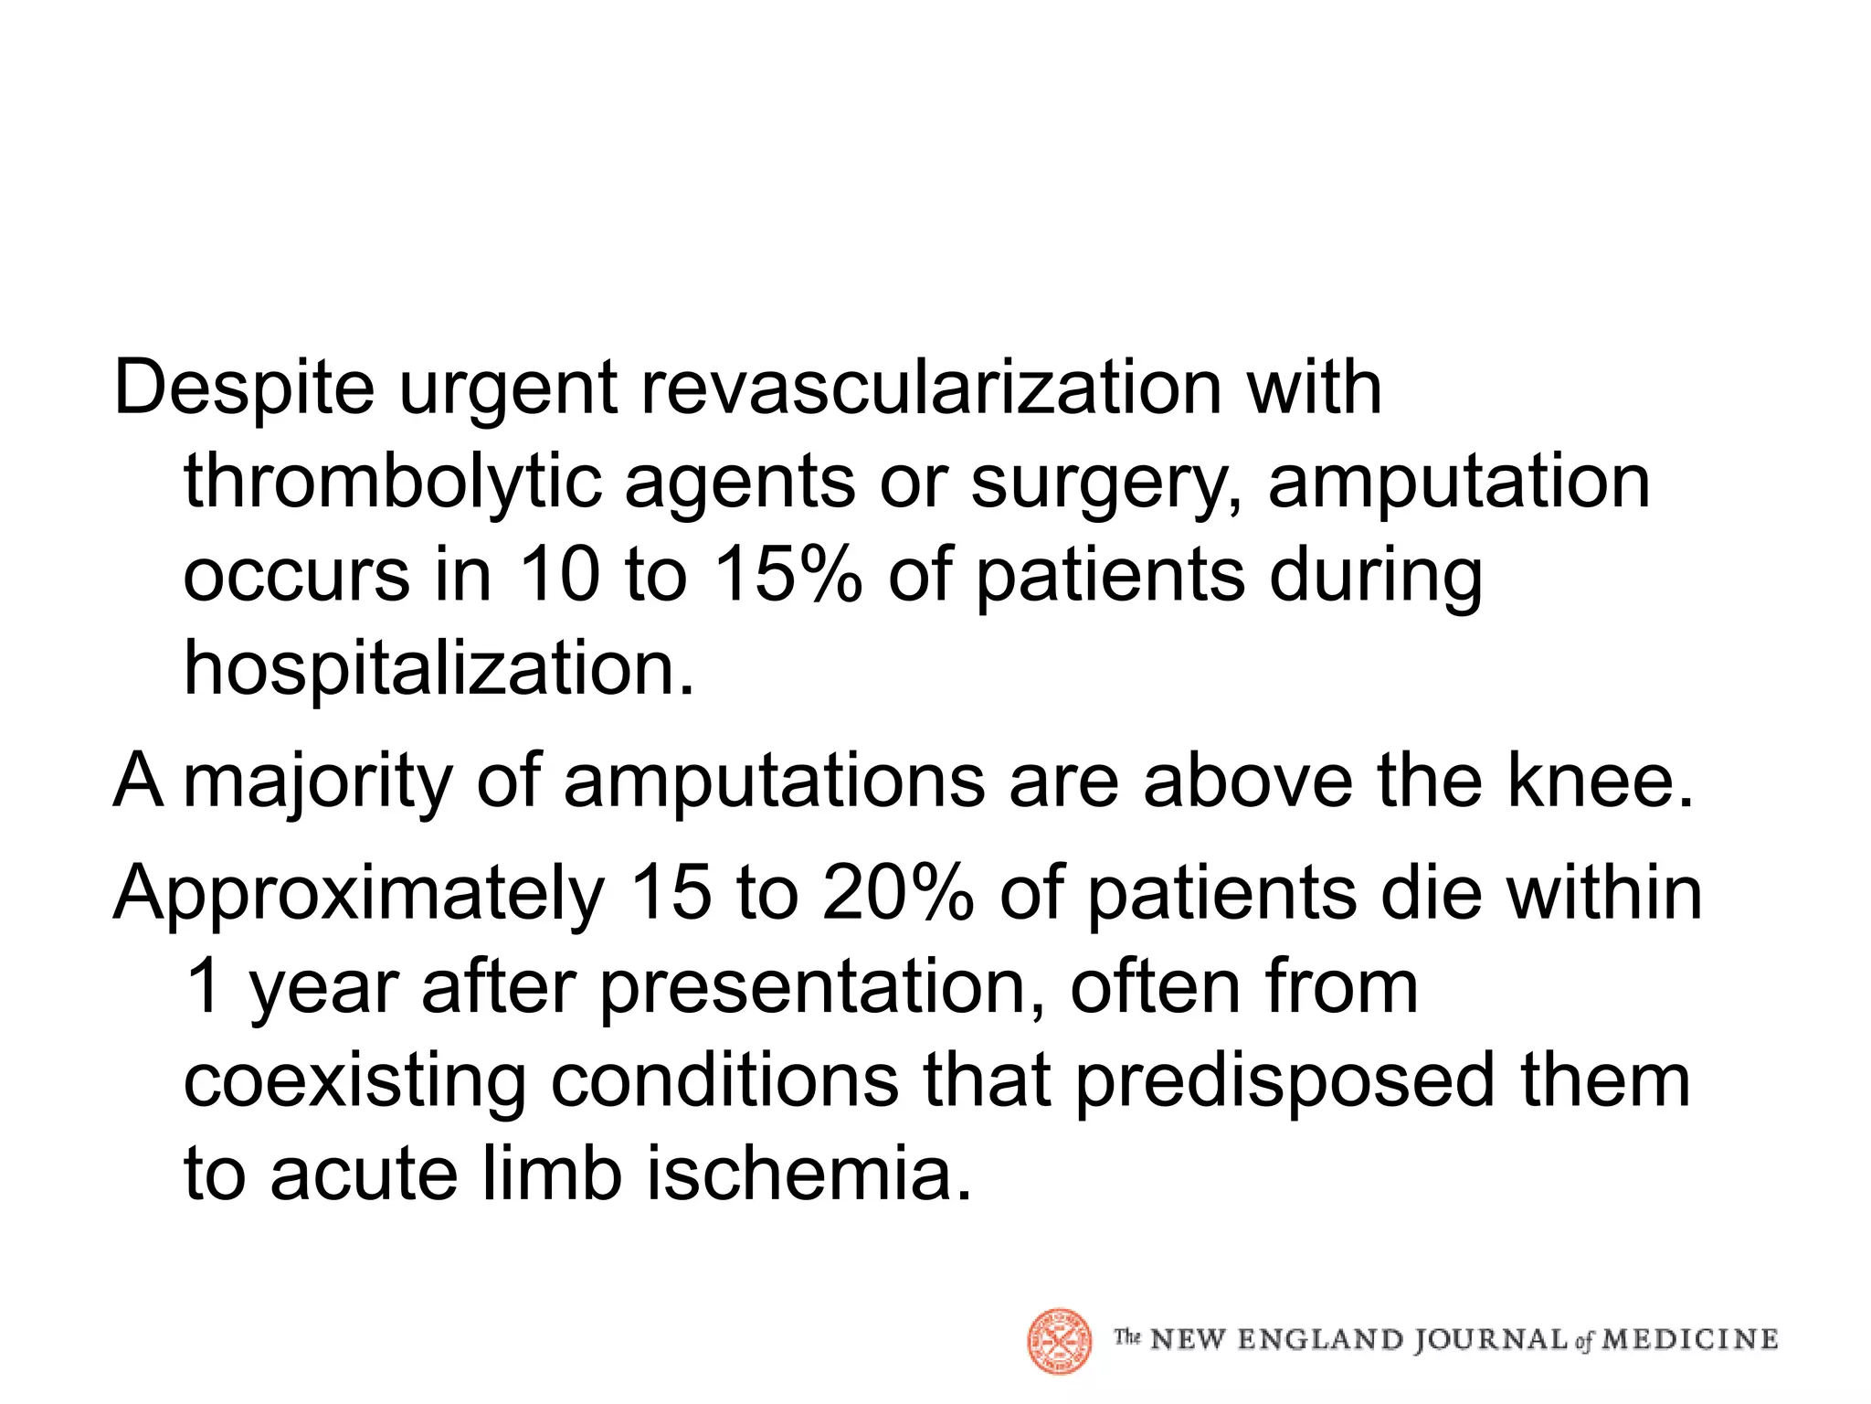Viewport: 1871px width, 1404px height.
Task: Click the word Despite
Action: pos(243,388)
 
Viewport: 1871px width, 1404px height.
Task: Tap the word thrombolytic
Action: pos(393,483)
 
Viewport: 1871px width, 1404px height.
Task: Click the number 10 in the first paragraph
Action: pos(559,576)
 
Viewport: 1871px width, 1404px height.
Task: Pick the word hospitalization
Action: pos(439,669)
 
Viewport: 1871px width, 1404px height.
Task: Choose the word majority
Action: pos(318,782)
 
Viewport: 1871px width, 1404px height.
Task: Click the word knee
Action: pos(1599,782)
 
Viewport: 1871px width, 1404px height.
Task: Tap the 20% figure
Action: pos(897,894)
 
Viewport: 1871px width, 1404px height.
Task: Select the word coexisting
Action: pos(354,1081)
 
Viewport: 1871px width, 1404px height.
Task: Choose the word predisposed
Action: pos(1284,1081)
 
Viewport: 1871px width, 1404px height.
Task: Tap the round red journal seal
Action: pos(1060,1340)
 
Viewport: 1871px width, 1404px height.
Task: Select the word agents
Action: pos(740,483)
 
